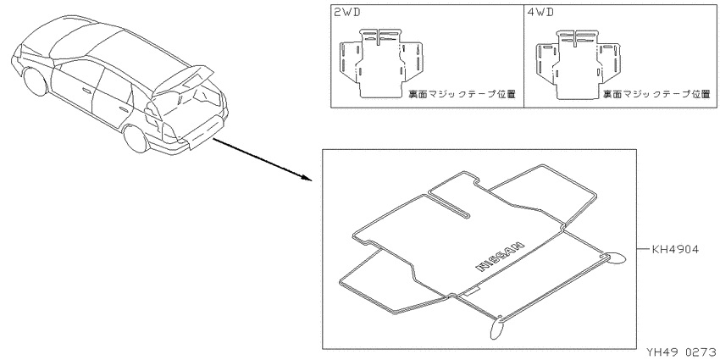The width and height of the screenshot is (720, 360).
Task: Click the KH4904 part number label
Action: pyautogui.click(x=675, y=250)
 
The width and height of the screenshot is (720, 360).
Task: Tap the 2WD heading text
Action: pyautogui.click(x=347, y=13)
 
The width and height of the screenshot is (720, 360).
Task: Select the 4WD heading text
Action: pyautogui.click(x=540, y=13)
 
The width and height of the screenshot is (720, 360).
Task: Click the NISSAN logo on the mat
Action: pyautogui.click(x=500, y=255)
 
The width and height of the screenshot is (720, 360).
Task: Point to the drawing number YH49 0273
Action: pyautogui.click(x=681, y=352)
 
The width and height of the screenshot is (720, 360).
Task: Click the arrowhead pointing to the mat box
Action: pyautogui.click(x=307, y=178)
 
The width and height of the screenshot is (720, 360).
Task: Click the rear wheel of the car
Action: pyautogui.click(x=136, y=139)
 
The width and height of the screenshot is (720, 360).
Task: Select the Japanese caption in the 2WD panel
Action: pyautogui.click(x=462, y=94)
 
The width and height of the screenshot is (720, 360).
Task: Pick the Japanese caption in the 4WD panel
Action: pyautogui.click(x=656, y=94)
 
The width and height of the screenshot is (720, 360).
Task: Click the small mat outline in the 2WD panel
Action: pyautogui.click(x=381, y=64)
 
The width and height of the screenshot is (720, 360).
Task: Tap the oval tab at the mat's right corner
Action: pyautogui.click(x=615, y=258)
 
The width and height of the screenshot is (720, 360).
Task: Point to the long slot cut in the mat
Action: pyautogui.click(x=450, y=204)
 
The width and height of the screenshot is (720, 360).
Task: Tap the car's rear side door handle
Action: pyautogui.click(x=124, y=109)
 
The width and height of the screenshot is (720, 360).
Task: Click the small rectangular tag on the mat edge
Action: pyautogui.click(x=472, y=291)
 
